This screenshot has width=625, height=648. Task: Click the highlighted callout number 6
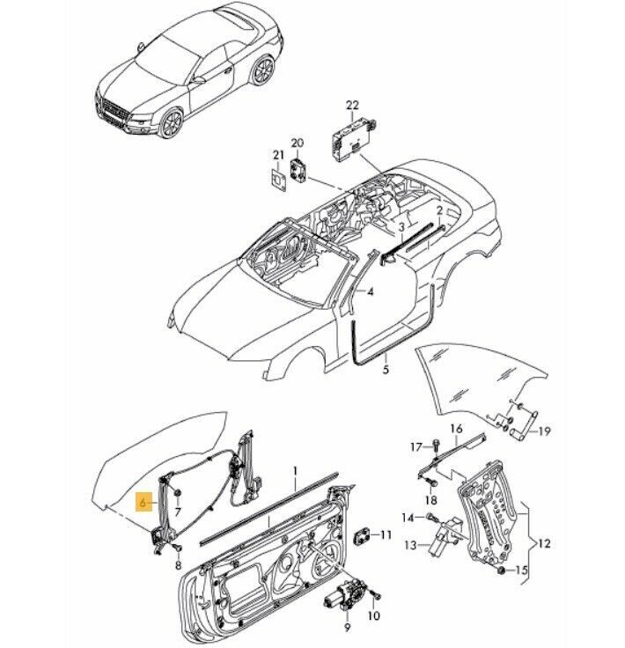[142, 504]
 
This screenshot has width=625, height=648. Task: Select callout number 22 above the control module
[352, 107]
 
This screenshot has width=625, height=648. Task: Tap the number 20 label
[297, 143]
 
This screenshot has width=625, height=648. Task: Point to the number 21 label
[277, 156]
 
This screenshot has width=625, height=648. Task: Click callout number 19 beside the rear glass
[545, 431]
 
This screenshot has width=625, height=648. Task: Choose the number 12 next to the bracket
[543, 544]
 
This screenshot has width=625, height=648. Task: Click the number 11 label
[386, 534]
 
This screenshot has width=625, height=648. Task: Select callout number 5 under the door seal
[385, 370]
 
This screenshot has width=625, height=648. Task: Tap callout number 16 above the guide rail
[456, 429]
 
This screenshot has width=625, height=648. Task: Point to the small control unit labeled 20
[299, 166]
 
